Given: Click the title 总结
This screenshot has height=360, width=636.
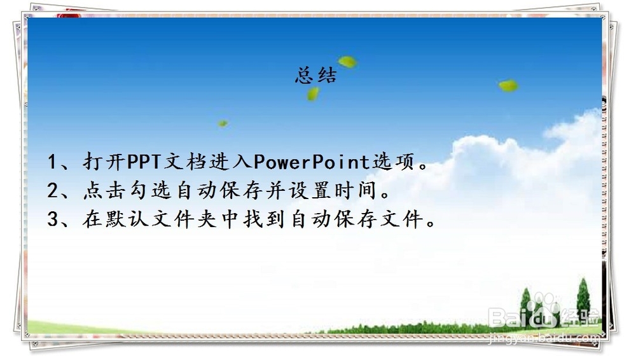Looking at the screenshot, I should coord(316,76).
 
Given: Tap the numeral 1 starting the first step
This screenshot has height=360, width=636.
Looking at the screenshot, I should coord(53,162).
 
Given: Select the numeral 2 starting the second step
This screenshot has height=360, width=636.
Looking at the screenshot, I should coord(53,191).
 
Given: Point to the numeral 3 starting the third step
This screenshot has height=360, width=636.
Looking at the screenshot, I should coord(53,220).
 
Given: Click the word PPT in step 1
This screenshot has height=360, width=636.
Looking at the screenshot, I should coord(145,162).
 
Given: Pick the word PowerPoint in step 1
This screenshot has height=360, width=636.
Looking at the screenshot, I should coord(312,162).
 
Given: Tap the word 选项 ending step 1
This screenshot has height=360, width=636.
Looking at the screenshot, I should coord(392,162).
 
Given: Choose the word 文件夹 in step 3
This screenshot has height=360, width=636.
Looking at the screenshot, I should coord(186,220).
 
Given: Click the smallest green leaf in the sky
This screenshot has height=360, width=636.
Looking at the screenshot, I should coord(223,123).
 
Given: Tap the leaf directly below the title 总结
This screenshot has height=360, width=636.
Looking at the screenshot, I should coord(313,94).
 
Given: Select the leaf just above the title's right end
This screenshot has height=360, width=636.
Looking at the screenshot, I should coord(347,62).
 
